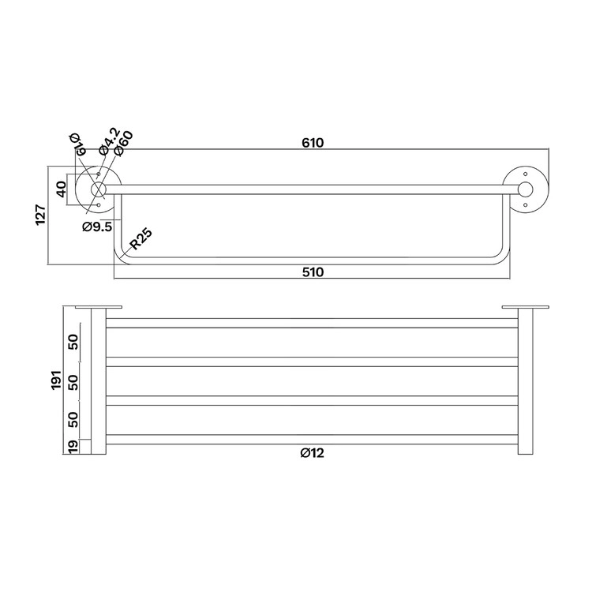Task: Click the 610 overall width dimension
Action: tap(313, 143)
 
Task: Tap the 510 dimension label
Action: tap(313, 272)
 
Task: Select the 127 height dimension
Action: tap(41, 215)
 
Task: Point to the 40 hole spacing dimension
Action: tap(61, 189)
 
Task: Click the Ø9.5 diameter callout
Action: tap(97, 227)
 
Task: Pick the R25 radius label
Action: tap(141, 239)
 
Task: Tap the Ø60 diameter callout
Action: tap(123, 144)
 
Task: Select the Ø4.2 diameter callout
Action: tap(110, 141)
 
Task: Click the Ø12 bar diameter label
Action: tap(313, 453)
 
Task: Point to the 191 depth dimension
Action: tap(56, 380)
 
